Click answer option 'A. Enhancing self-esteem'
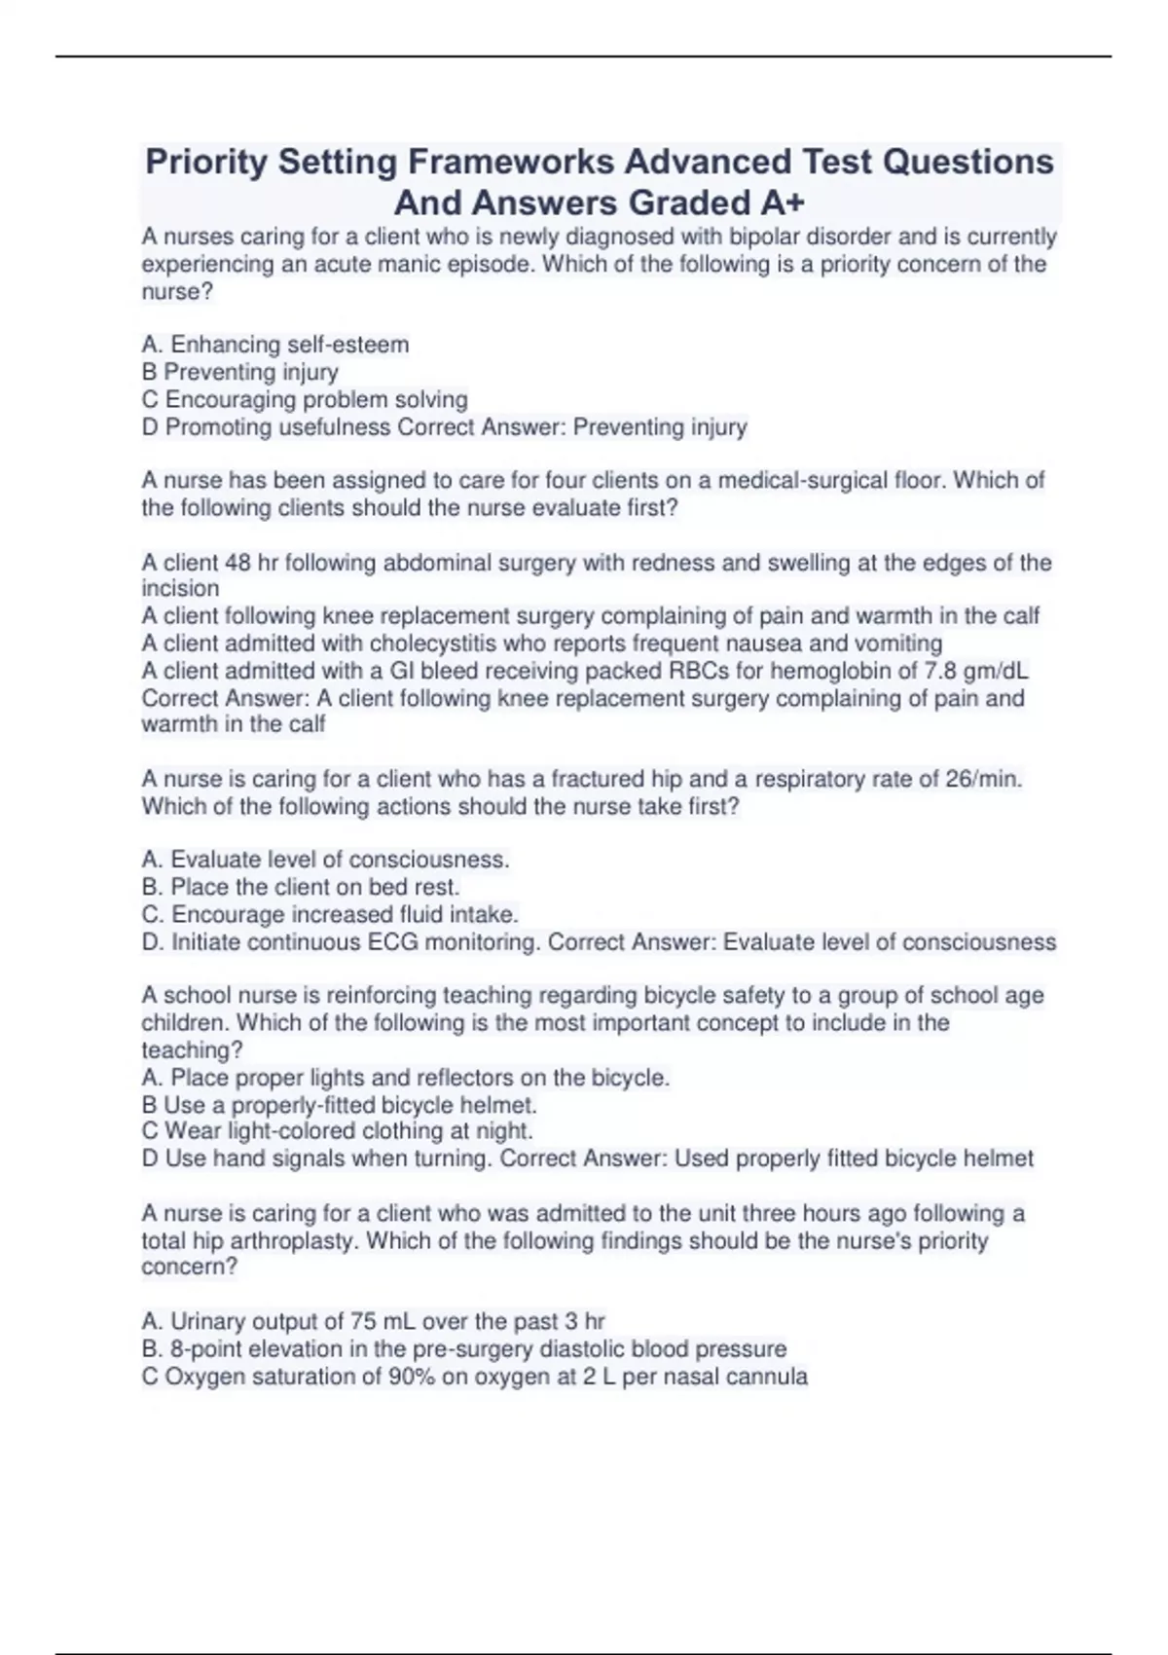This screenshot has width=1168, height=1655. pyautogui.click(x=275, y=345)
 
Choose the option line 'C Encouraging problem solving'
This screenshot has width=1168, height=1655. pyautogui.click(x=305, y=400)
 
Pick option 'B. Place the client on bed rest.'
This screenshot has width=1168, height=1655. pyautogui.click(x=301, y=887)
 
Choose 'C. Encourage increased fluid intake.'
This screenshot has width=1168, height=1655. pyautogui.click(x=330, y=914)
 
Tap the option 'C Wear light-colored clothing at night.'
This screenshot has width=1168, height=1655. pyautogui.click(x=338, y=1131)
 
